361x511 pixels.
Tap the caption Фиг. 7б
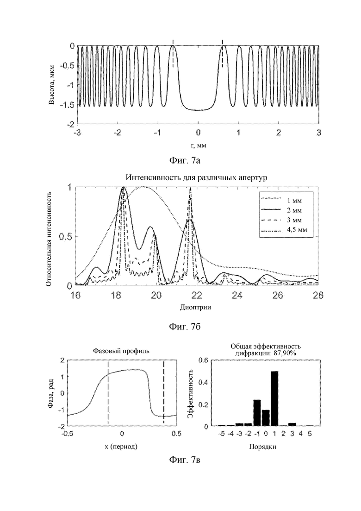click(x=185, y=327)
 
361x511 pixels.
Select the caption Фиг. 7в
click(x=185, y=460)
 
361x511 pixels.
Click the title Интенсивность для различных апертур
click(x=196, y=178)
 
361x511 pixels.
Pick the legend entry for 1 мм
click(x=283, y=201)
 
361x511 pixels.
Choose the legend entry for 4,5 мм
click(x=283, y=230)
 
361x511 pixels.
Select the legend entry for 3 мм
click(x=283, y=220)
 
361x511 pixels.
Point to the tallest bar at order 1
click(x=274, y=398)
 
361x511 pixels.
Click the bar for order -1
click(x=257, y=413)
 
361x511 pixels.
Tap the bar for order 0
click(x=266, y=418)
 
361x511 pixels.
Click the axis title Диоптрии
click(x=196, y=307)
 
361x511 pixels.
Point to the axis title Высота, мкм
click(x=51, y=85)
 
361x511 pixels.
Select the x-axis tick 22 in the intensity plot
click(x=197, y=295)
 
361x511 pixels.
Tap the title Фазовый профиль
click(x=121, y=351)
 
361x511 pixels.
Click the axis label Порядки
click(x=263, y=447)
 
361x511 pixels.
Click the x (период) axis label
click(x=121, y=447)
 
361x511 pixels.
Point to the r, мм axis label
click(x=198, y=145)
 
